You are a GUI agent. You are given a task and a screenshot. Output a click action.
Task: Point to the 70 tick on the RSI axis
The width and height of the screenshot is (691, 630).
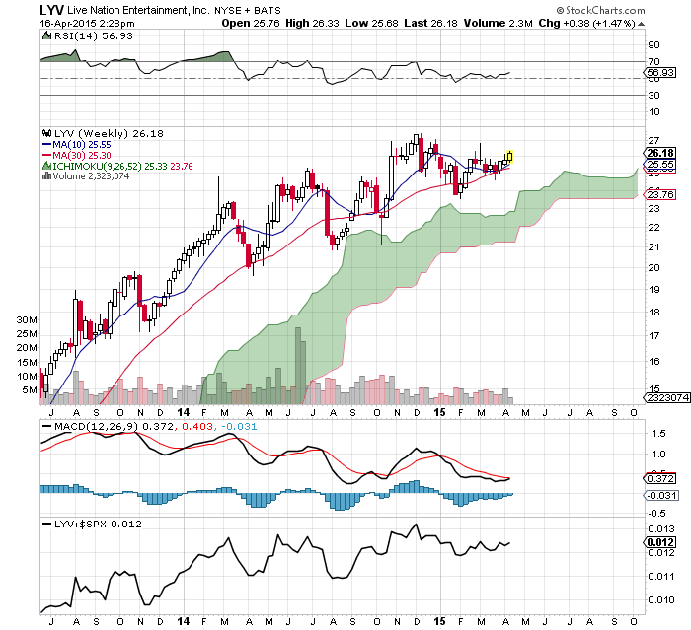coord(653,61)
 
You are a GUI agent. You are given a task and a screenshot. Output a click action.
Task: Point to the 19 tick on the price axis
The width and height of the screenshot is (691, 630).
coord(653,290)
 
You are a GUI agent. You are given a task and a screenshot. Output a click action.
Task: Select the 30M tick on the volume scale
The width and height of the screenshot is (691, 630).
coord(27,320)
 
